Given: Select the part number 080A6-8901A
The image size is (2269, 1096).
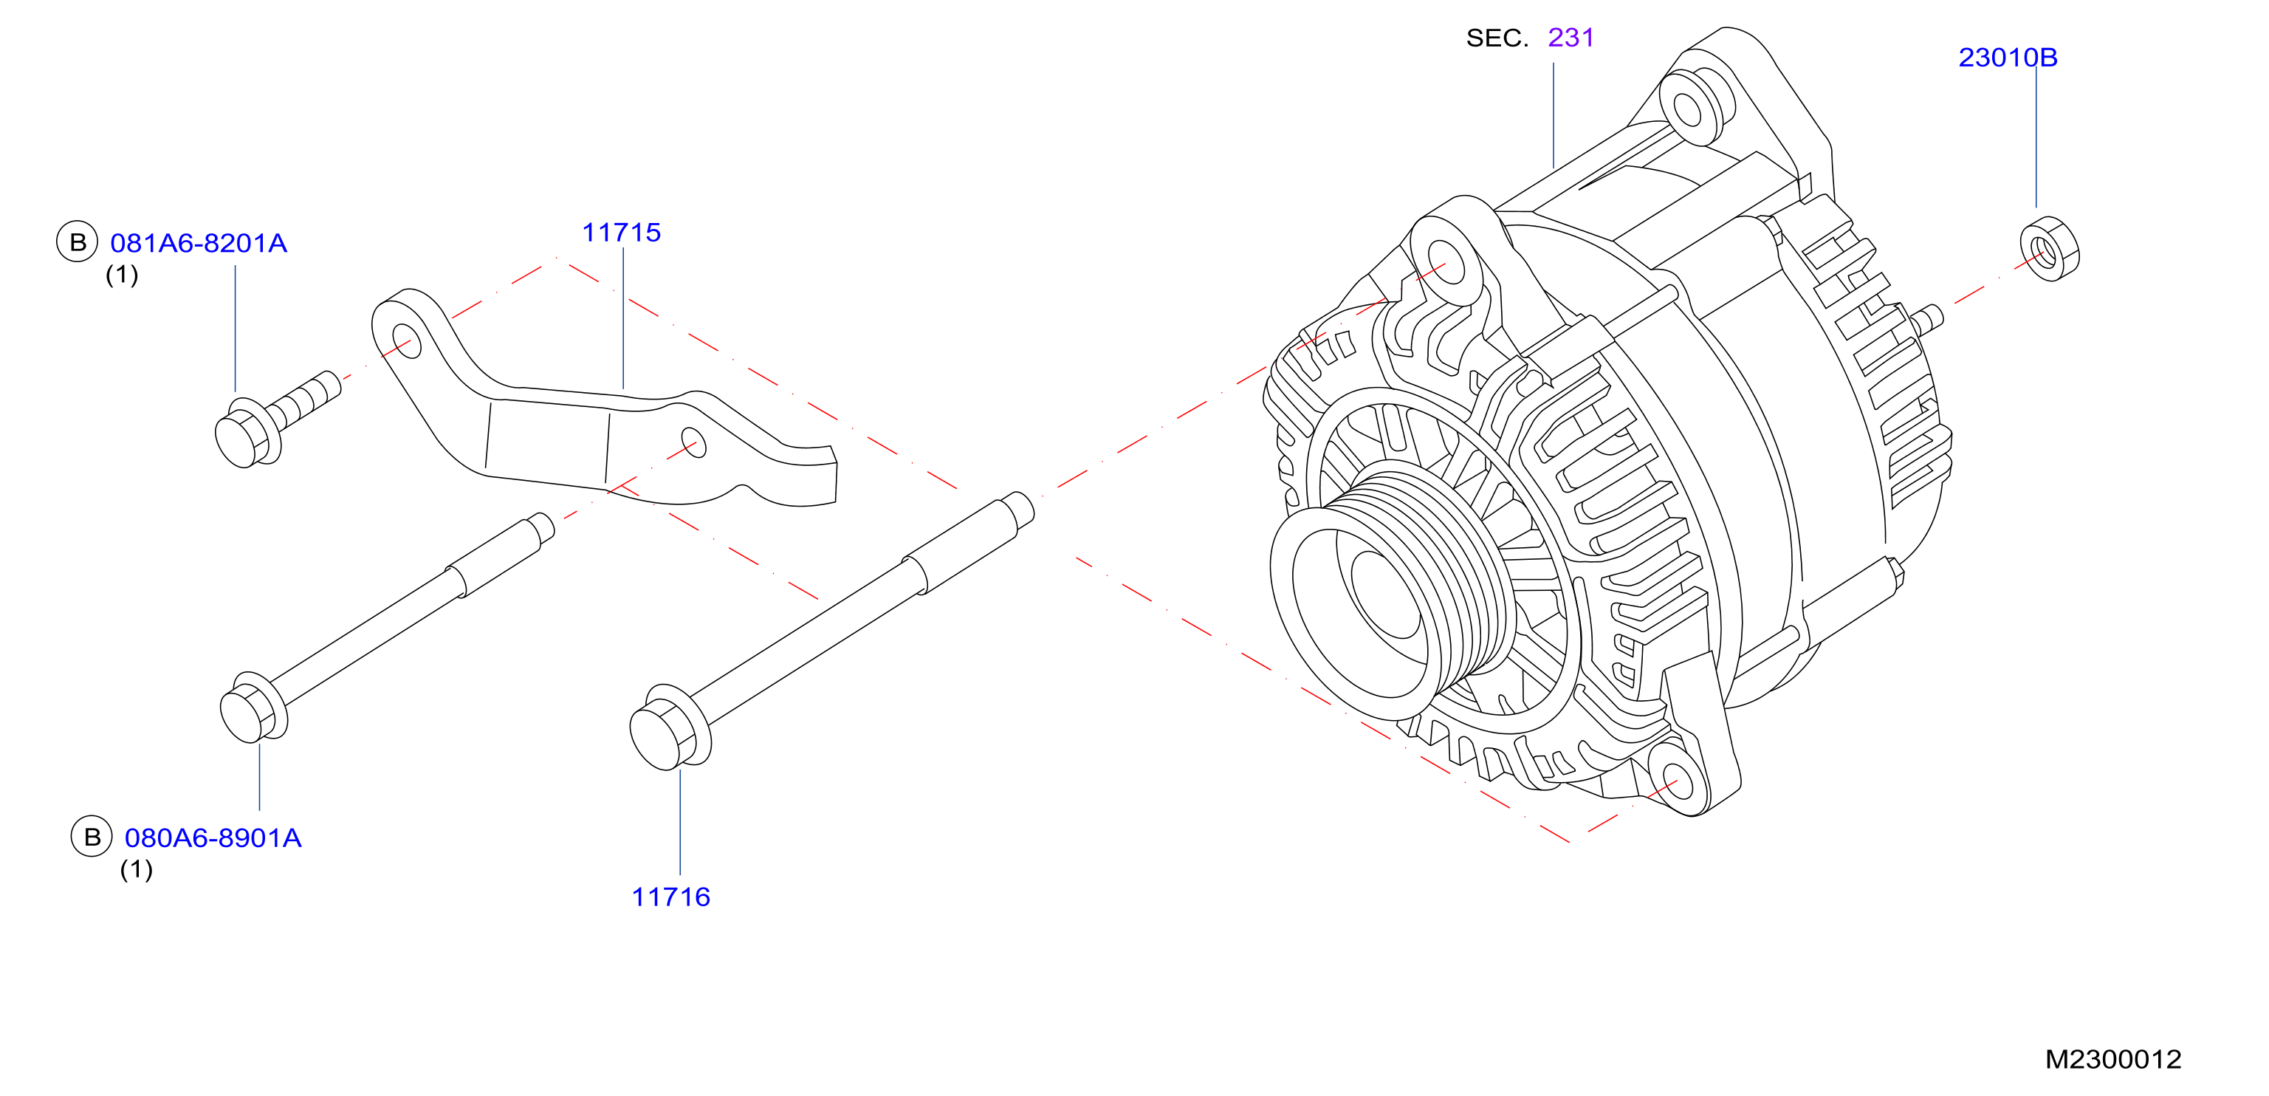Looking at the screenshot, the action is [x=213, y=838].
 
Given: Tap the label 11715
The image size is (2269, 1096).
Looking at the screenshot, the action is [x=621, y=233].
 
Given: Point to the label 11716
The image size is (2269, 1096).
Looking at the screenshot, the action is [x=670, y=897].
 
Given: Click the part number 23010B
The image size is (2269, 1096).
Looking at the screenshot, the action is [x=2008, y=58].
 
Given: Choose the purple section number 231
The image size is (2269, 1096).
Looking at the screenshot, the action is [x=1571, y=38].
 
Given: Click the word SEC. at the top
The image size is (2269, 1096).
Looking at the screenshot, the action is [x=1497, y=38].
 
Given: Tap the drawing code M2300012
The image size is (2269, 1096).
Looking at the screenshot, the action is [x=2113, y=1059].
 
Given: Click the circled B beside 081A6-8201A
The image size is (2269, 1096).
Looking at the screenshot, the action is [x=78, y=242].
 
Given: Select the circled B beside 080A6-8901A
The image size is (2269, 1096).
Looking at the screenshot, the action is [x=92, y=837].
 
